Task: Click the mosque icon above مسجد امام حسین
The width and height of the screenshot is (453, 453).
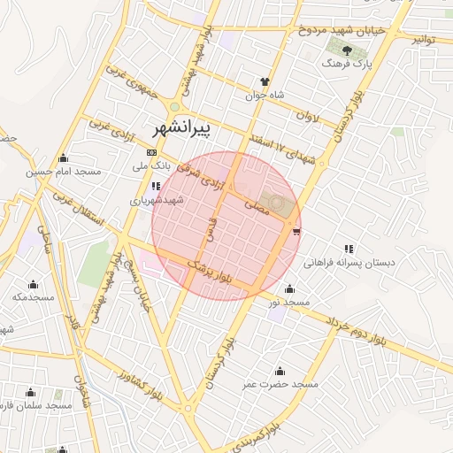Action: [x=63, y=159]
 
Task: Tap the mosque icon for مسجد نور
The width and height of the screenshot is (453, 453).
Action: [x=289, y=288]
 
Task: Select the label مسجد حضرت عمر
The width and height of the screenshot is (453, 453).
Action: [x=280, y=385]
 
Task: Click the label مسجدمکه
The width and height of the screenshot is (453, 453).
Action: [x=33, y=297]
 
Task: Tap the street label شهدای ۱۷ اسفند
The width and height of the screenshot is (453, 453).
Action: [x=283, y=148]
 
